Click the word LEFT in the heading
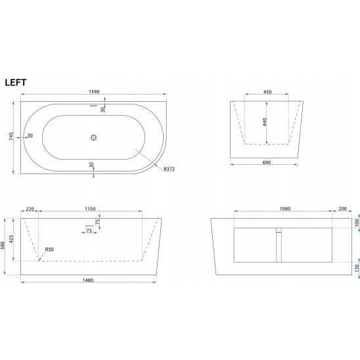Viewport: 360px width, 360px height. click(16, 82)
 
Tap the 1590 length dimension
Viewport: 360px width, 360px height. click(94, 91)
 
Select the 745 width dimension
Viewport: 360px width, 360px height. click(11, 137)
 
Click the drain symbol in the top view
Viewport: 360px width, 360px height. click(93, 137)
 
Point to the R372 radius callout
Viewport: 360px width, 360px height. click(169, 169)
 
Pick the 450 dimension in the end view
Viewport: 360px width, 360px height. click(267, 92)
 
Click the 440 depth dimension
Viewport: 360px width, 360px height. click(264, 122)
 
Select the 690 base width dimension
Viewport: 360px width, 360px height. click(266, 162)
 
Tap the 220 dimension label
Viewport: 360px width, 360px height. click(30, 209)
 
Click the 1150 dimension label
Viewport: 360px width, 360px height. click(90, 209)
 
